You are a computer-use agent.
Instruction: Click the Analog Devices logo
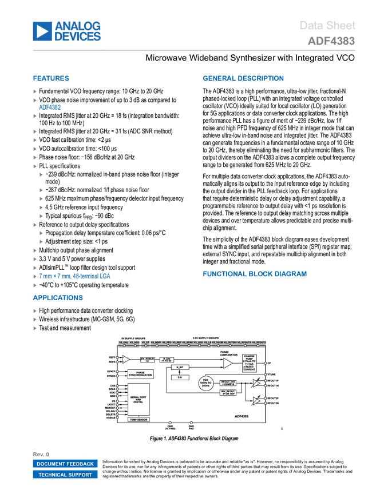click(x=67, y=31)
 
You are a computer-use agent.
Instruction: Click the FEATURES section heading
click(x=52, y=78)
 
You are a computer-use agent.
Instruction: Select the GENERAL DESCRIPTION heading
click(x=243, y=78)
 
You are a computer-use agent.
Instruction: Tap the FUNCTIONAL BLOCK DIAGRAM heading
click(x=255, y=274)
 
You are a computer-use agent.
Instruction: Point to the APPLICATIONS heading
click(x=58, y=298)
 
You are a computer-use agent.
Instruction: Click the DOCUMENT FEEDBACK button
click(x=65, y=464)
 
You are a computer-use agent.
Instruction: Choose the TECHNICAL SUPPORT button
click(x=65, y=475)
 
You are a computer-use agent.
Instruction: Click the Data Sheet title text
click(x=327, y=26)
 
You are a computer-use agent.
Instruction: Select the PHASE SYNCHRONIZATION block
click(x=140, y=374)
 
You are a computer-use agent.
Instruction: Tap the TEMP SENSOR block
click(x=137, y=419)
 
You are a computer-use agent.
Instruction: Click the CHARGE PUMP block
click(x=249, y=362)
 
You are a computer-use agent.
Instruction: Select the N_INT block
click(x=180, y=367)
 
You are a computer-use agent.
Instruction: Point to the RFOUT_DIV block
click(x=228, y=382)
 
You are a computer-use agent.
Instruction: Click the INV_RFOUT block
click(x=228, y=393)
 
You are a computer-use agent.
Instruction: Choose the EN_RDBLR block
click(x=147, y=360)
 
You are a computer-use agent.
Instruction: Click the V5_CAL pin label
click(x=123, y=341)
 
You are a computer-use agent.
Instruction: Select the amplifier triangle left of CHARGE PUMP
click(x=227, y=362)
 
